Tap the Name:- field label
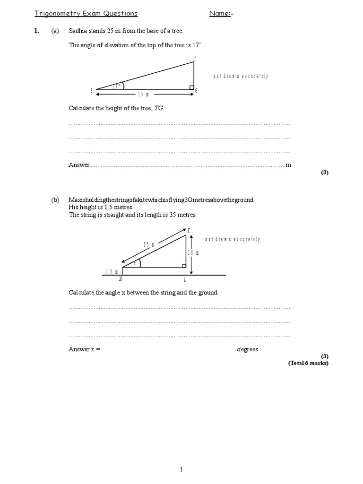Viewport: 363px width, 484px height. click(x=221, y=13)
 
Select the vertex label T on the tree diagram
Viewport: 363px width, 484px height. click(x=194, y=59)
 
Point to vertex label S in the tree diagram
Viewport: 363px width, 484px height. click(x=91, y=90)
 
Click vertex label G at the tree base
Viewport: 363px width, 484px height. click(x=196, y=91)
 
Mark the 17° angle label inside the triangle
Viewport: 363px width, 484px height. click(x=117, y=86)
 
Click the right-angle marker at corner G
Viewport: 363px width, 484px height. click(x=191, y=87)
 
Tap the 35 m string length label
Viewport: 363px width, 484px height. click(x=149, y=244)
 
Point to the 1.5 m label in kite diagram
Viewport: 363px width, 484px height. click(x=112, y=271)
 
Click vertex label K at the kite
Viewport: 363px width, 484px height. click(x=189, y=230)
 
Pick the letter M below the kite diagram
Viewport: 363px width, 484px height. click(x=121, y=279)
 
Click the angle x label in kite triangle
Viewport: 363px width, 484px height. click(x=135, y=264)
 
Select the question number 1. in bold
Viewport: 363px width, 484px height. click(x=37, y=31)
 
